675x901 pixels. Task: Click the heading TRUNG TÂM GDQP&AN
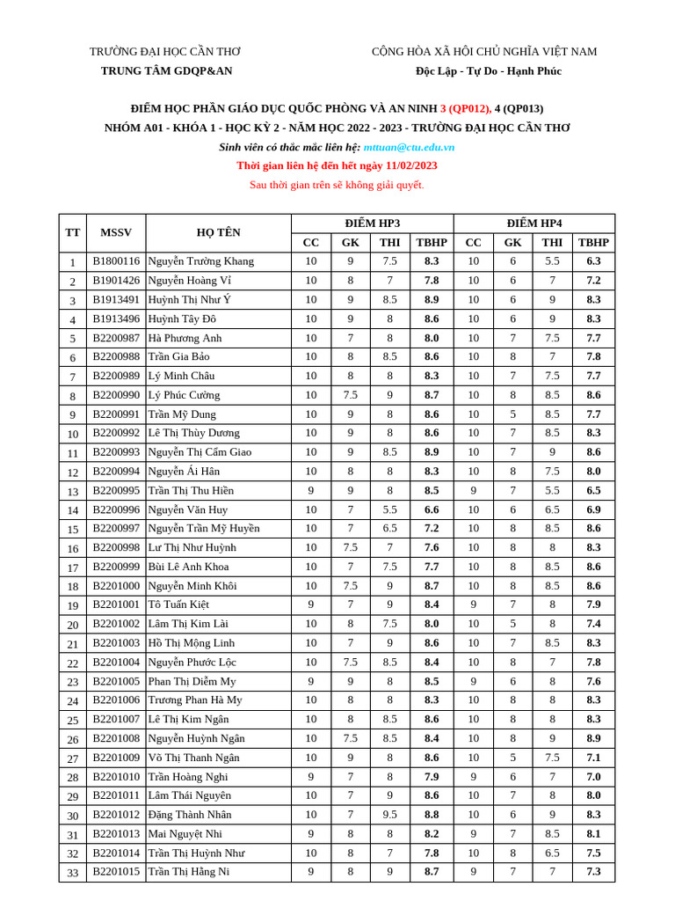click(x=166, y=70)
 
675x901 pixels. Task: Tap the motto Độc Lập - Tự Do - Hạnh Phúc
click(x=489, y=70)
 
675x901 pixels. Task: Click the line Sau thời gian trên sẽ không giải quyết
click(x=337, y=185)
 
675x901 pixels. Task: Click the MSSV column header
click(x=116, y=232)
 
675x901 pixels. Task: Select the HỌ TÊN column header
click(x=218, y=232)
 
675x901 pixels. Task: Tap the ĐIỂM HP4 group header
click(x=533, y=223)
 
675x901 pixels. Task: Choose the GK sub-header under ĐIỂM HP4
click(x=512, y=242)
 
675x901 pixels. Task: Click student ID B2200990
click(x=116, y=395)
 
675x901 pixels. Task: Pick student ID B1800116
click(x=116, y=261)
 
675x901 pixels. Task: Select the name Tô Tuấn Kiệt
click(x=178, y=604)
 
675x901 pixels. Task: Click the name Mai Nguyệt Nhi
click(x=185, y=833)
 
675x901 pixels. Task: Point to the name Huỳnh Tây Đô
click(x=182, y=319)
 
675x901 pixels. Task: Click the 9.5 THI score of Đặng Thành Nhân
click(x=389, y=815)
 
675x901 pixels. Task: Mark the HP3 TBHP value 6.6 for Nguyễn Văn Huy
click(x=432, y=509)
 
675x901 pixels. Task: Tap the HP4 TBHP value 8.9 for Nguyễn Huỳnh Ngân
click(x=593, y=738)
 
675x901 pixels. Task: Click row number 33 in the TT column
click(x=73, y=872)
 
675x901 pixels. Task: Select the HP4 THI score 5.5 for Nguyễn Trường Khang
click(x=552, y=261)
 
